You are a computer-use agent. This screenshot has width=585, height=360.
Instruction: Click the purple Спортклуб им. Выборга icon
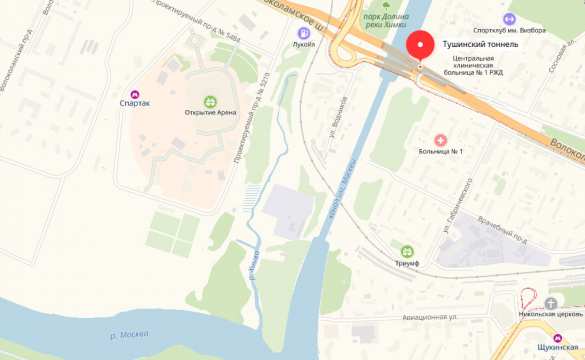point(509,18)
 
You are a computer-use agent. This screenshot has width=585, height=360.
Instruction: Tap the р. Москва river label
point(128,333)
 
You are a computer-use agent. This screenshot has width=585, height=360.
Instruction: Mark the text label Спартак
point(136,104)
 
